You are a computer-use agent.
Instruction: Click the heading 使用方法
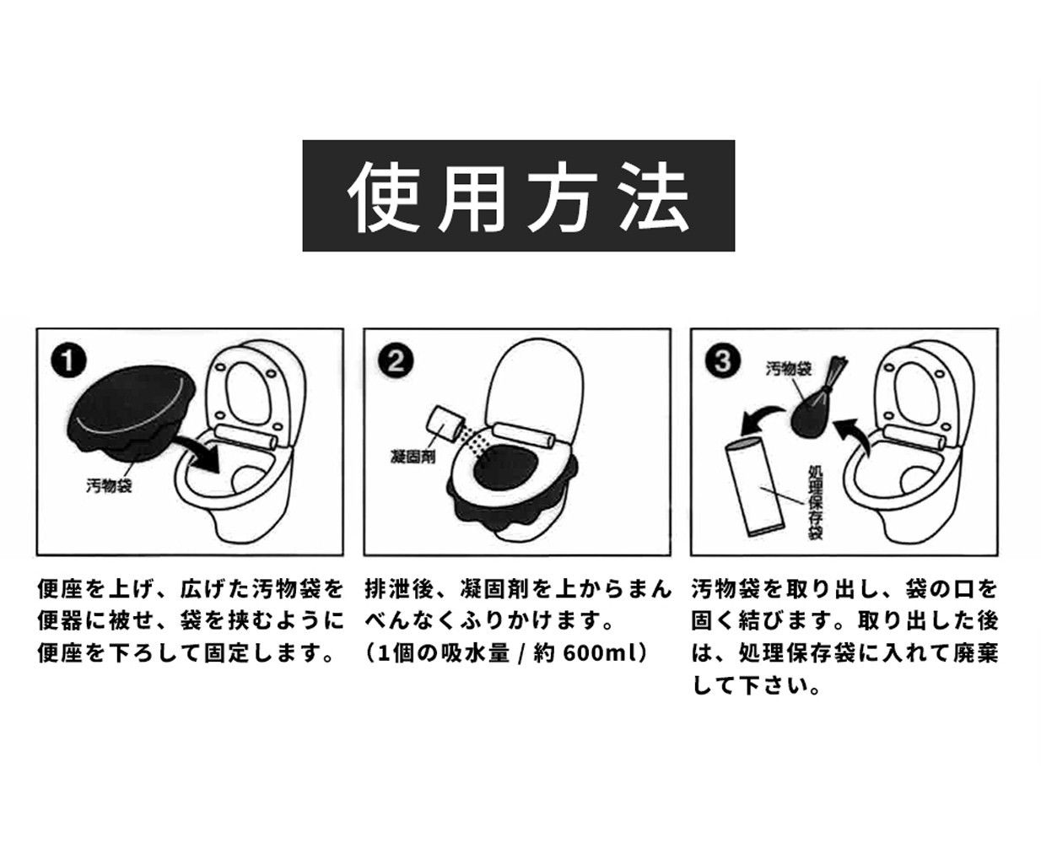coord(518,196)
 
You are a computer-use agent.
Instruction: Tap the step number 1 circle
coord(69,361)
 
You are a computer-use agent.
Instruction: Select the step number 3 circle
coord(723,361)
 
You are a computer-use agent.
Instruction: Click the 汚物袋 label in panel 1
coord(109,485)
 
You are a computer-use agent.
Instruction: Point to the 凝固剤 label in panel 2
coord(413,457)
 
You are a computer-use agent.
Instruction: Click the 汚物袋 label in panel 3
coord(788,369)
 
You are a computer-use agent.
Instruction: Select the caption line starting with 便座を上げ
coord(191,588)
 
